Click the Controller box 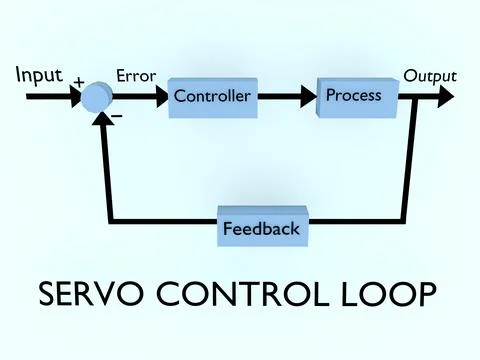tap(212, 97)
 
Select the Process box tap(355, 96)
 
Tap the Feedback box tap(260, 228)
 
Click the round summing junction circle tap(97, 97)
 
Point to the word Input tap(39, 75)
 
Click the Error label tap(135, 75)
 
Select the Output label tap(430, 75)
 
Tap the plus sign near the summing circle tap(78, 80)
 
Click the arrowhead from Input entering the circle tap(77, 97)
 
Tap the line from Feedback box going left tap(160, 218)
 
